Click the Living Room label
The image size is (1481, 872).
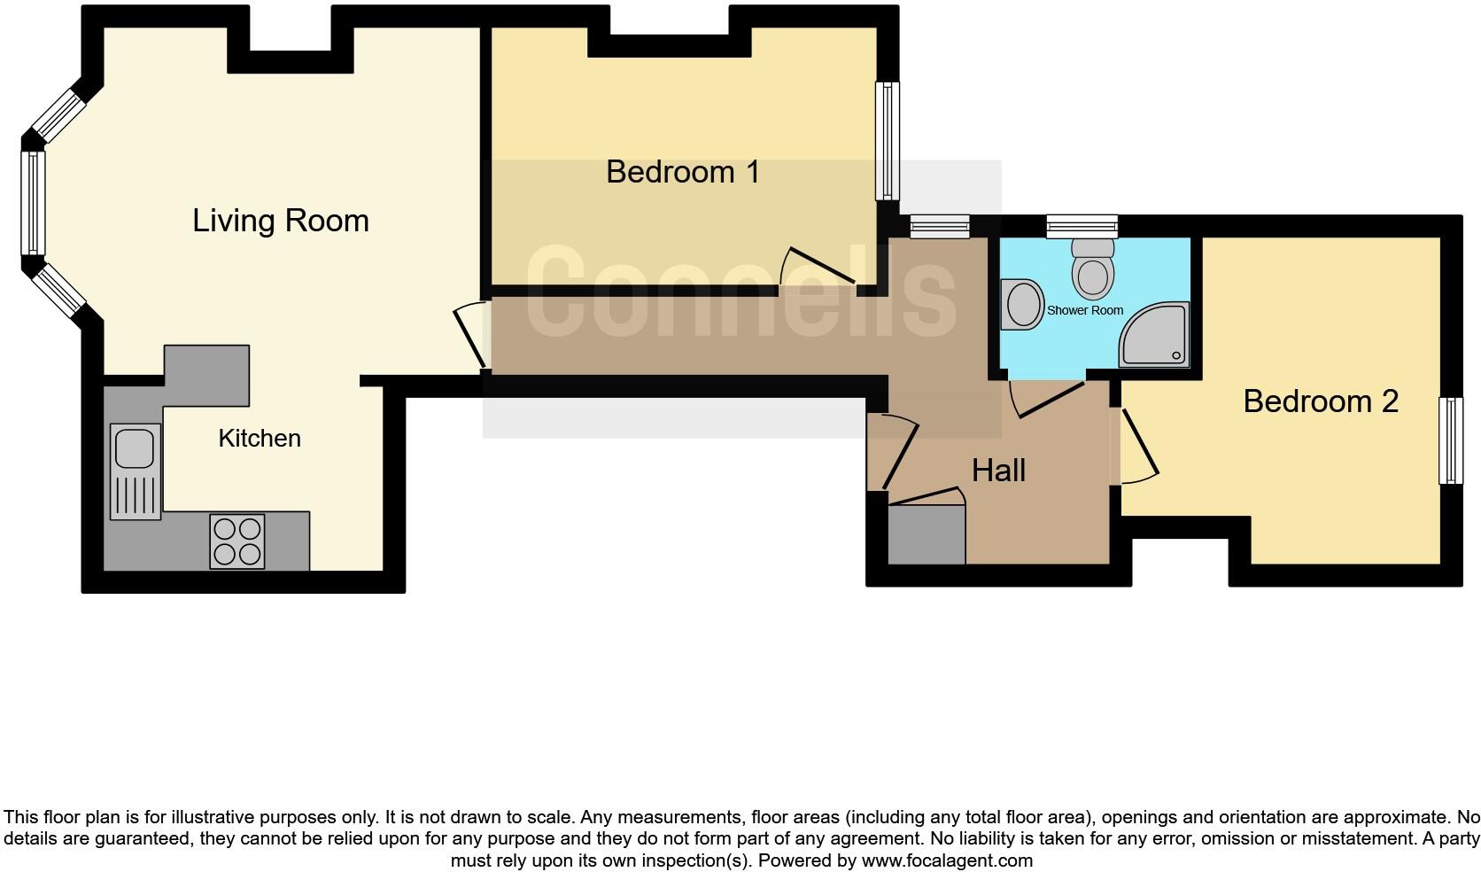tap(280, 221)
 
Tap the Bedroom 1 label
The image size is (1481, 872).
tap(682, 172)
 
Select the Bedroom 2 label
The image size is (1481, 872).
tap(1320, 401)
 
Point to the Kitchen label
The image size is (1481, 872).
tap(260, 439)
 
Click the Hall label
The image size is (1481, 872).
tap(998, 471)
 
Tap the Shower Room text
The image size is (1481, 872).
tap(1084, 311)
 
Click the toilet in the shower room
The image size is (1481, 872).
tap(1093, 268)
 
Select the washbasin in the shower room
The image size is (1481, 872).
tap(1023, 304)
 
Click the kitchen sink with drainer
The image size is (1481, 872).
tap(136, 471)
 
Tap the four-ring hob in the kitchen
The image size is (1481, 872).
tap(237, 541)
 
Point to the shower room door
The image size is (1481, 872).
tap(1047, 398)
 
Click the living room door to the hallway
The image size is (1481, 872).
tap(470, 337)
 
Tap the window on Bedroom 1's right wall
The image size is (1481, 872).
tap(887, 141)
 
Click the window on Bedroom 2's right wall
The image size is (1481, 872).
tap(1450, 440)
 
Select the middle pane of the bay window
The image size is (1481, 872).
tap(33, 202)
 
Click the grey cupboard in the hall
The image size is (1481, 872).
tap(926, 534)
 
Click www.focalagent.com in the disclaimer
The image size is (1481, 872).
tap(946, 860)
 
